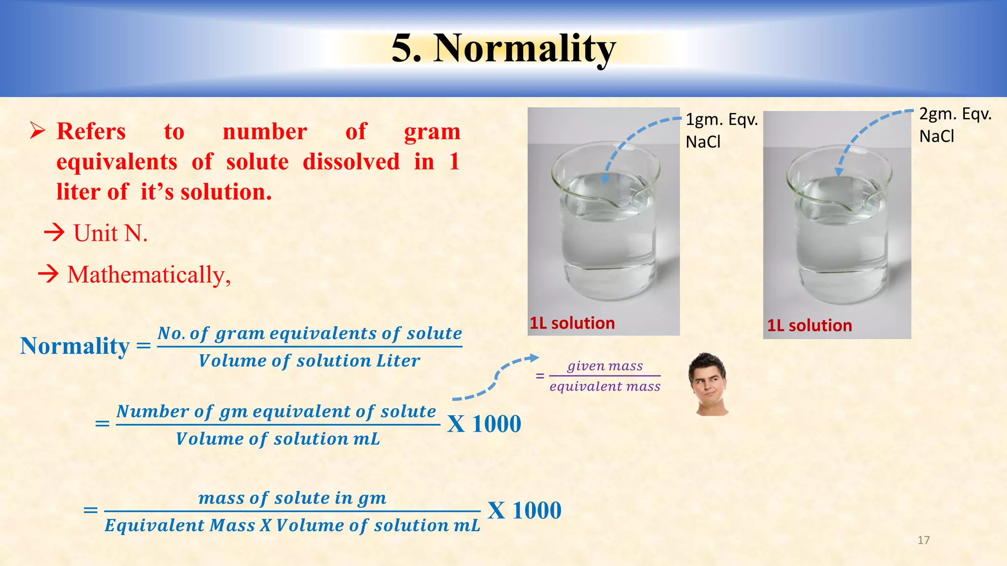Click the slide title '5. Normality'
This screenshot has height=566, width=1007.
pos(503,48)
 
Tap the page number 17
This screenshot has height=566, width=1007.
pos(923,540)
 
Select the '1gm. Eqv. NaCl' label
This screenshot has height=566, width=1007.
pos(721,130)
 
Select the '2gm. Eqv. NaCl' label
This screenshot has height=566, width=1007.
pos(954,125)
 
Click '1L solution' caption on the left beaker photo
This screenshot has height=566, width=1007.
pos(572,323)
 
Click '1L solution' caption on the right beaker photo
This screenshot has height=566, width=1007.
pos(809,325)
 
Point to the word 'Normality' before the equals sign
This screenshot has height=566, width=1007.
pos(75,346)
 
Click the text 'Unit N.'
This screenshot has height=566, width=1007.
pos(110,233)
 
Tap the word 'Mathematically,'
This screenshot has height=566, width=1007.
pos(149,275)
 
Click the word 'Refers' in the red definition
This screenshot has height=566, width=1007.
pos(91,132)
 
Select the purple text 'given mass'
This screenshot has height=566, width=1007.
pos(605,366)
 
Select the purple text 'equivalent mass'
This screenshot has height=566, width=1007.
pos(605,387)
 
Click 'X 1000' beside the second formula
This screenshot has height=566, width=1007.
pos(484,424)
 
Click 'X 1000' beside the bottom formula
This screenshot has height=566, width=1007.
pos(524,510)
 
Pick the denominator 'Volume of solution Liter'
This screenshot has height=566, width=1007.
pos(309,361)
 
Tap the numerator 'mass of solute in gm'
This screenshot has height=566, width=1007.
pos(292,498)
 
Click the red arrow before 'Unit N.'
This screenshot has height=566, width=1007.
pos(54,232)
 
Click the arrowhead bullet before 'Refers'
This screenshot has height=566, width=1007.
pos(37,131)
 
